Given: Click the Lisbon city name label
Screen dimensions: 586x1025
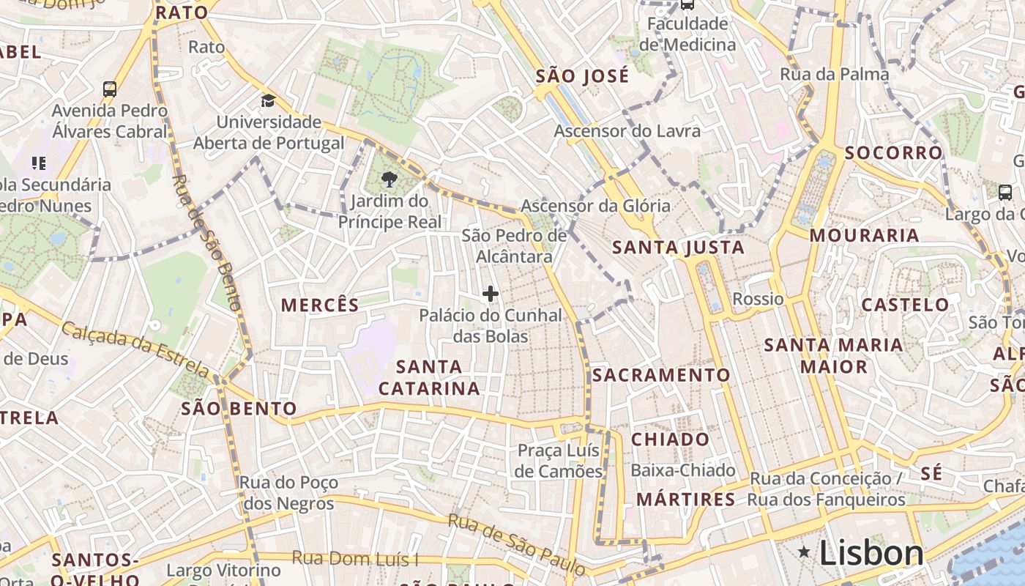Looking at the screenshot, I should pyautogui.click(x=871, y=552).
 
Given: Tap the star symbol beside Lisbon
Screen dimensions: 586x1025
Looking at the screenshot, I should pyautogui.click(x=804, y=552).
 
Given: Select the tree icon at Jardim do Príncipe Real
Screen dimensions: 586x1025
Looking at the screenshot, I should pyautogui.click(x=389, y=179).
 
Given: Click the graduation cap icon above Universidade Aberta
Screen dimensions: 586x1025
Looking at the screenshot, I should pyautogui.click(x=269, y=100).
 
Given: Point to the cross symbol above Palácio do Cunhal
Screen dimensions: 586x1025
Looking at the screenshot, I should pyautogui.click(x=491, y=294).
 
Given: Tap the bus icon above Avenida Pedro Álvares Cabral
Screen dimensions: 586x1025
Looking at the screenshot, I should pyautogui.click(x=110, y=89).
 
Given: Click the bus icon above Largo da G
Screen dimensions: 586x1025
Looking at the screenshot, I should pyautogui.click(x=1004, y=193).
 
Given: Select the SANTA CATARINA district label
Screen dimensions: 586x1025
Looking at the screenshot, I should pyautogui.click(x=429, y=377).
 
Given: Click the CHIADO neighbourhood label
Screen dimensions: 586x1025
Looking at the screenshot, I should pyautogui.click(x=670, y=439).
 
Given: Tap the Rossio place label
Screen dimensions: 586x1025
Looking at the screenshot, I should pyautogui.click(x=758, y=299).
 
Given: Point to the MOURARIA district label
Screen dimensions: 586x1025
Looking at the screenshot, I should pyautogui.click(x=864, y=235).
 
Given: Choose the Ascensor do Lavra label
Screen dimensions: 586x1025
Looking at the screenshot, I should pyautogui.click(x=627, y=131).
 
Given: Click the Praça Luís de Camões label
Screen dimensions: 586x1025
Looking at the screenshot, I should pyautogui.click(x=559, y=461).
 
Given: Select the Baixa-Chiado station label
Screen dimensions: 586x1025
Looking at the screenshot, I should pyautogui.click(x=682, y=470).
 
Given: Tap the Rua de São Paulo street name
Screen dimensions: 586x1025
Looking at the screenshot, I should pyautogui.click(x=517, y=544).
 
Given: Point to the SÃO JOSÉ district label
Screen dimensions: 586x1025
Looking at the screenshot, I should pyautogui.click(x=582, y=76).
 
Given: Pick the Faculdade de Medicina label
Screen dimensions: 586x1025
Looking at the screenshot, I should pyautogui.click(x=687, y=34).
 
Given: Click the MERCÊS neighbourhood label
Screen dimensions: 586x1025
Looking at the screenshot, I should pyautogui.click(x=320, y=305).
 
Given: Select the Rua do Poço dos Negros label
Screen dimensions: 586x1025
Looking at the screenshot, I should pyautogui.click(x=288, y=493).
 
